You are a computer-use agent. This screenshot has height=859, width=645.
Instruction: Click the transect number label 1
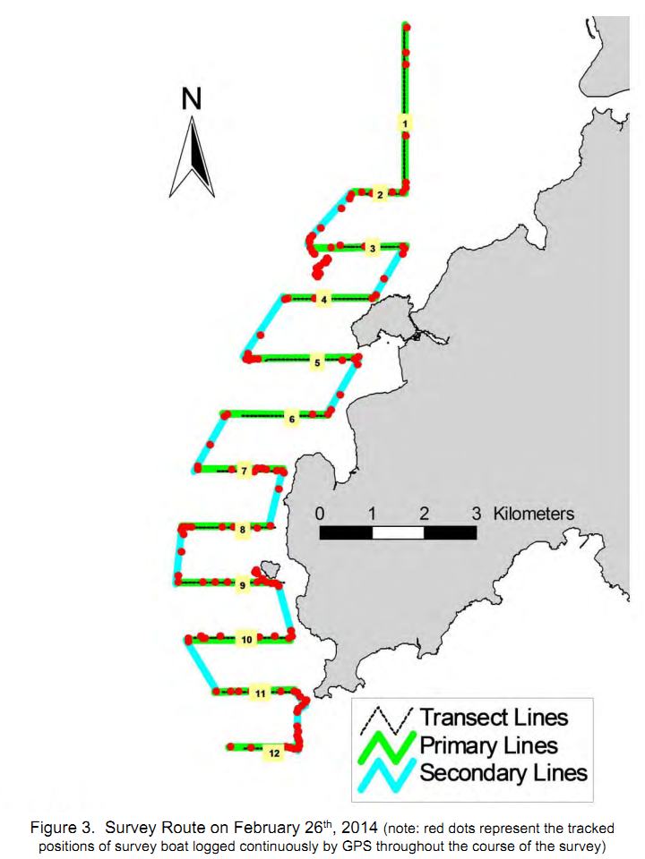405,123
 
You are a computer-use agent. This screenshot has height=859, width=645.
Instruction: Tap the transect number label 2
380,194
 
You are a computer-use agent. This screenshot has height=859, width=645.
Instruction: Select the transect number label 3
373,249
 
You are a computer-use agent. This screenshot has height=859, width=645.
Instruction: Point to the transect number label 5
317,362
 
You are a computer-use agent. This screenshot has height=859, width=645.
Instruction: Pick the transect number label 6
292,419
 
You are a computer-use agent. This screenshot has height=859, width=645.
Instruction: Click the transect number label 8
243,530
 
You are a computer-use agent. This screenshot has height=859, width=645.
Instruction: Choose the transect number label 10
247,639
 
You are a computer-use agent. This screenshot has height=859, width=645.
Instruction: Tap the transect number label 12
274,753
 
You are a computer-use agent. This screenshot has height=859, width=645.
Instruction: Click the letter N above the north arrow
192,99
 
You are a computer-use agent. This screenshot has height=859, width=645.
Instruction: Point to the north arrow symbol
192,157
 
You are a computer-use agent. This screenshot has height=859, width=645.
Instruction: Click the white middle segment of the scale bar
398,532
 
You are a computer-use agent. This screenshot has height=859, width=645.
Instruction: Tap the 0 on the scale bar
320,514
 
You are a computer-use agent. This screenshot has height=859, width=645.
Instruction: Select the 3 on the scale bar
476,514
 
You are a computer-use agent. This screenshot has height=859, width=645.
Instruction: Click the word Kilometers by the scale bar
534,514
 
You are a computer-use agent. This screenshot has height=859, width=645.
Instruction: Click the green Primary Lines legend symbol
386,746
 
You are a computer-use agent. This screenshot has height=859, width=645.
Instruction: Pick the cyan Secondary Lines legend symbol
386,774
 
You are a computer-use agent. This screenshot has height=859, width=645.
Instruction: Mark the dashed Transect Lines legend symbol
386,719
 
